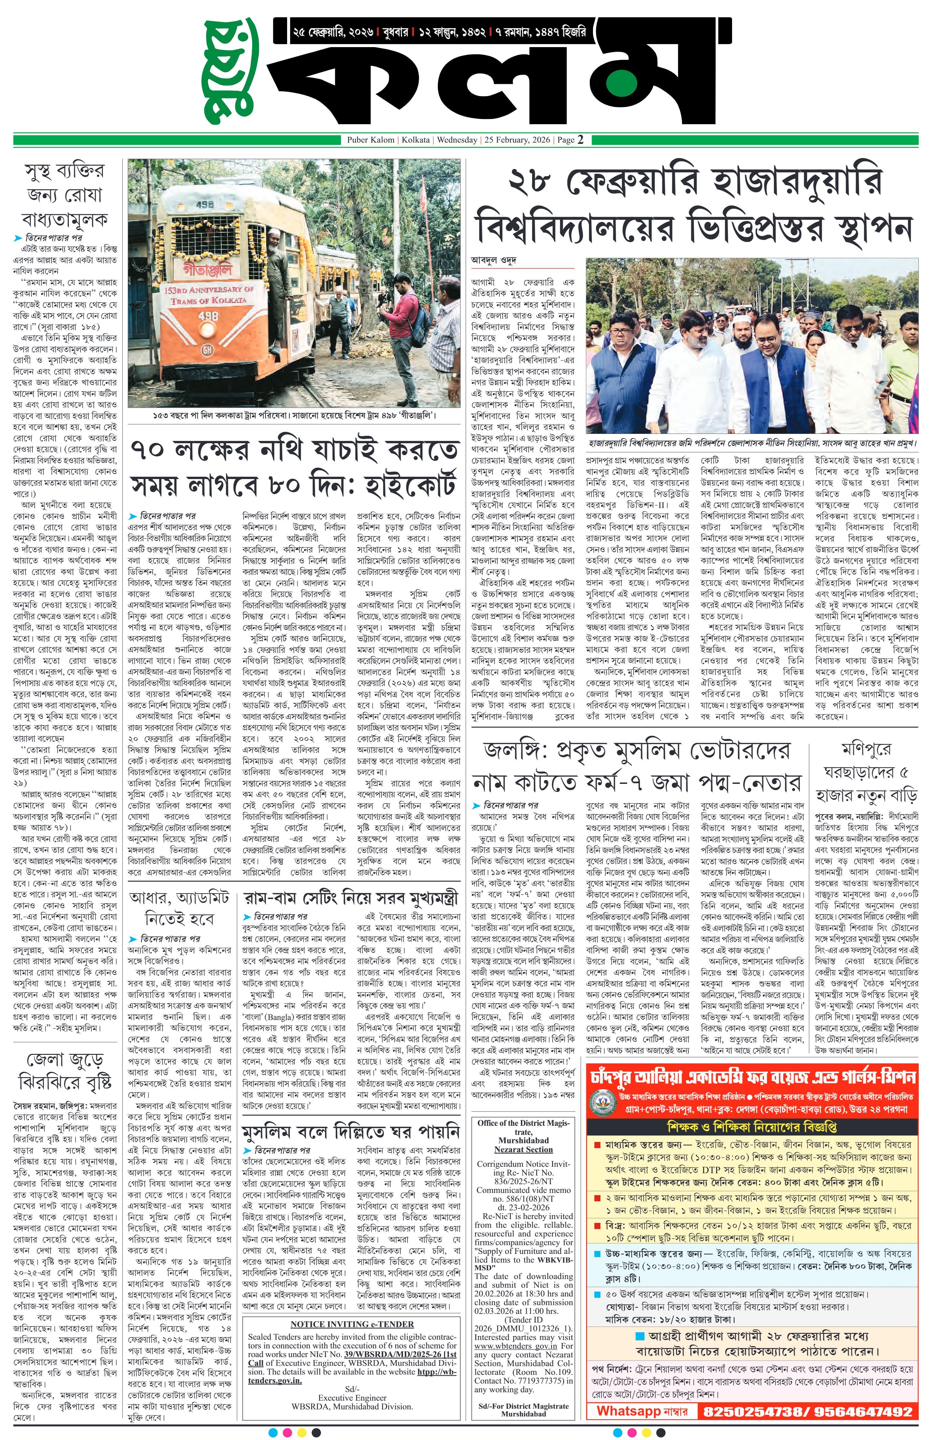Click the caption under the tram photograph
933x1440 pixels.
tap(294, 416)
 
